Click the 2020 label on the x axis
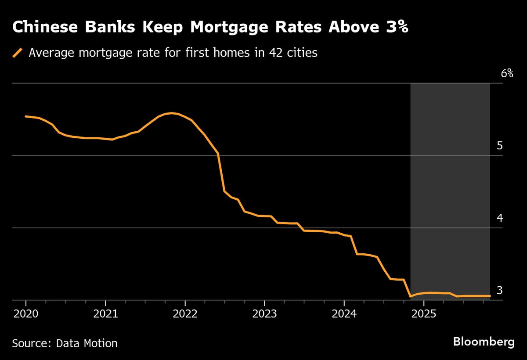click(x=26, y=315)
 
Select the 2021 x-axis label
click(x=105, y=315)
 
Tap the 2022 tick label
click(x=185, y=315)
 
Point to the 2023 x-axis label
click(x=264, y=315)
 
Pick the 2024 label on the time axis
click(x=344, y=315)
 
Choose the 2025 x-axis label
click(x=423, y=315)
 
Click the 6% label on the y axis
click(x=507, y=73)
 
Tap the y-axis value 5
click(x=499, y=146)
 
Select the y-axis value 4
click(x=499, y=218)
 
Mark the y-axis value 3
click(x=499, y=291)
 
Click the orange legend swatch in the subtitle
click(x=18, y=53)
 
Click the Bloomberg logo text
click(x=484, y=342)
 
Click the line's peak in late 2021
click(x=171, y=113)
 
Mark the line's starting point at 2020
click(x=26, y=116)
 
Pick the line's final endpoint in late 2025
click(x=490, y=296)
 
